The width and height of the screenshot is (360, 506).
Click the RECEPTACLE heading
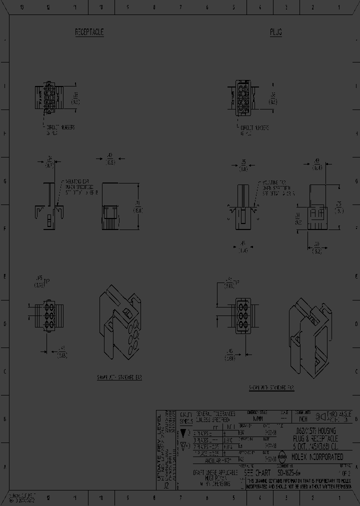(x=89, y=32)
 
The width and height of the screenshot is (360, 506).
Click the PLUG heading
(x=276, y=32)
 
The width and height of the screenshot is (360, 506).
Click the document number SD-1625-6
(x=290, y=472)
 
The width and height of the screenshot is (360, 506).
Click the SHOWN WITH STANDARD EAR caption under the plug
(x=271, y=387)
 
